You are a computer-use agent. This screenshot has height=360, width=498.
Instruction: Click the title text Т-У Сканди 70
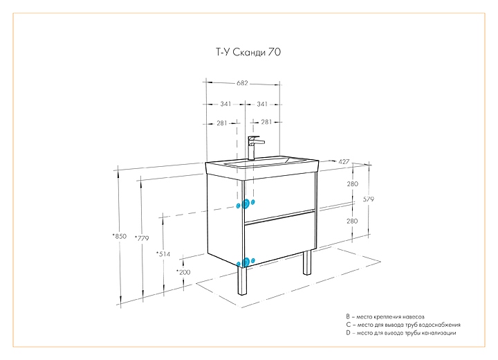click(246, 51)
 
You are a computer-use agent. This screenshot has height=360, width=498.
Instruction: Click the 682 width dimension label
click(242, 83)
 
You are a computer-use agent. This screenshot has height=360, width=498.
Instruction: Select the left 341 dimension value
click(225, 104)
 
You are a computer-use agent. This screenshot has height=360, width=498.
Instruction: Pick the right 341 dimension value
click(262, 104)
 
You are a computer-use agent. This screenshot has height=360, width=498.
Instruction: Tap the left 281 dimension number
click(222, 123)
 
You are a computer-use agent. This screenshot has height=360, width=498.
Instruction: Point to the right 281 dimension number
click(266, 123)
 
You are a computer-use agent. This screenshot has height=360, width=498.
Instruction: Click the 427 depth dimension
click(343, 161)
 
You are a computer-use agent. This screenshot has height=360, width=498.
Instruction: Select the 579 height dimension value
click(368, 199)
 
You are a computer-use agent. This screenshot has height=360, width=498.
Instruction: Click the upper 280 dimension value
click(352, 184)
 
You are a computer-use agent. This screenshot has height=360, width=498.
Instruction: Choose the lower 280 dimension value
click(352, 221)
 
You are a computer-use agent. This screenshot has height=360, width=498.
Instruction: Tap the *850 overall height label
click(119, 236)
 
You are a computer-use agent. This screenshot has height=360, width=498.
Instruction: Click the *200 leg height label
click(183, 272)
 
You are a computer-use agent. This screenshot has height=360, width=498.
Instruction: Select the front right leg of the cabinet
click(306, 261)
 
